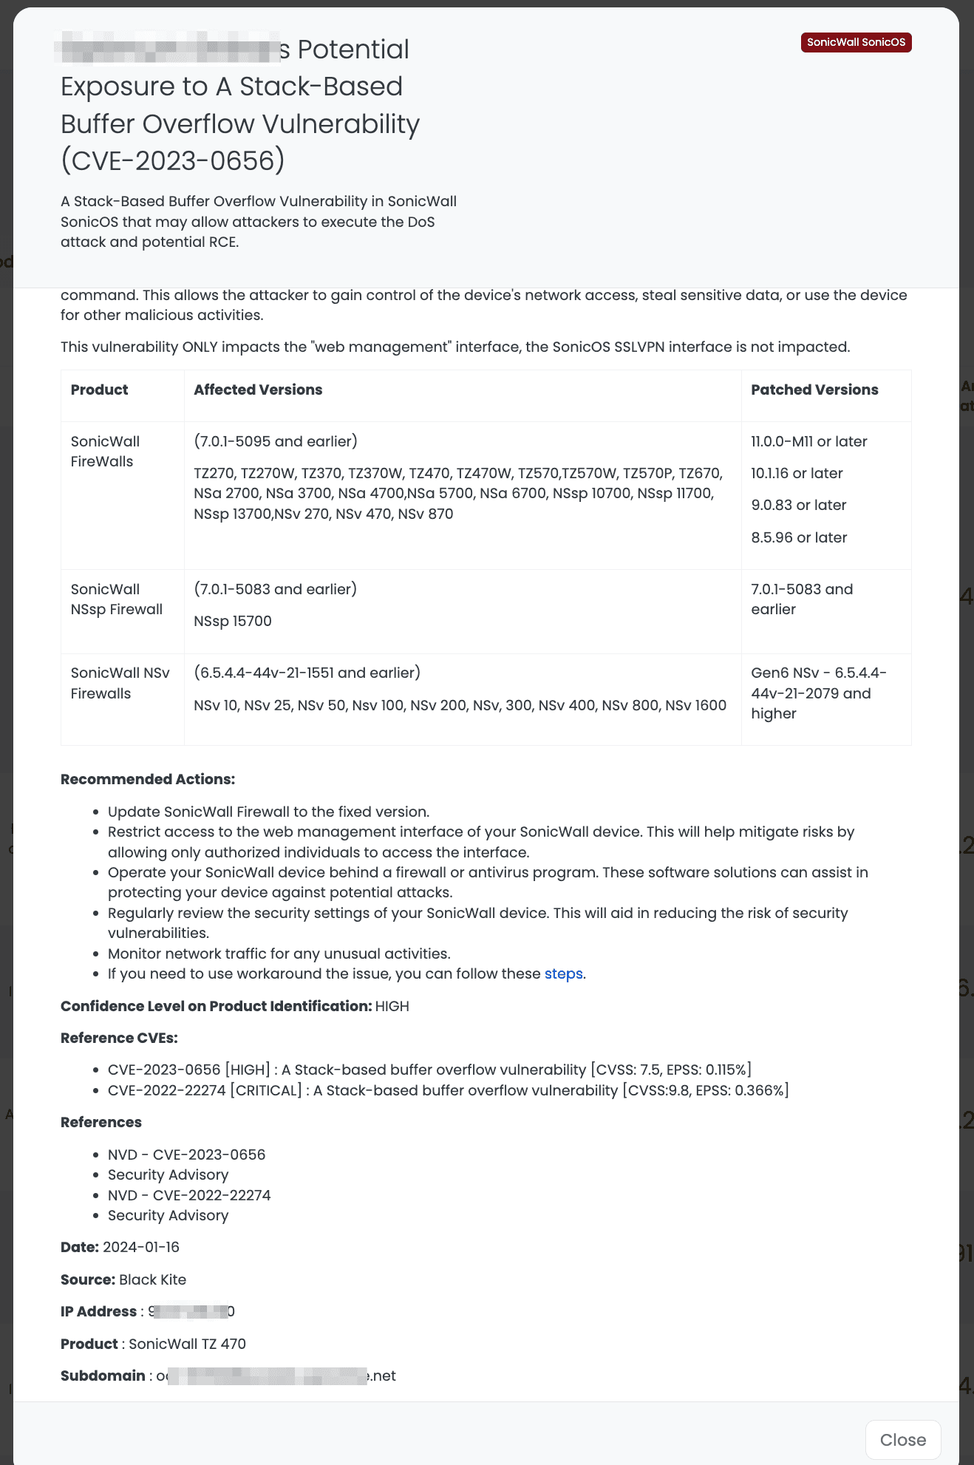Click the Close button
[902, 1439]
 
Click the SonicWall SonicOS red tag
[856, 42]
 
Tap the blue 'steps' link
[563, 973]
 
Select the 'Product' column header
[99, 390]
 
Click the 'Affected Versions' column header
[258, 390]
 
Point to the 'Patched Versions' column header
[814, 390]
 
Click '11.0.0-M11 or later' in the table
[808, 441]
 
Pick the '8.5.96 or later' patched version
[799, 537]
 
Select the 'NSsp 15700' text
[233, 621]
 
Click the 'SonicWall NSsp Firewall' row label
[116, 599]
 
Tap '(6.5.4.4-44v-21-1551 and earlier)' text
[307, 673]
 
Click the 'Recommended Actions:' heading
[148, 779]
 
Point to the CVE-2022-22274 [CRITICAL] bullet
[448, 1090]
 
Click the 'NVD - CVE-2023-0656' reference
[186, 1155]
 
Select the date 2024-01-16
[141, 1247]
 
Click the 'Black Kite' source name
[152, 1279]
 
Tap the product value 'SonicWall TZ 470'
[187, 1344]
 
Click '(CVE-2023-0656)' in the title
[172, 160]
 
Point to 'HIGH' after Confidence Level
[392, 1006]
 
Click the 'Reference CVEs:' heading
[119, 1038]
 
